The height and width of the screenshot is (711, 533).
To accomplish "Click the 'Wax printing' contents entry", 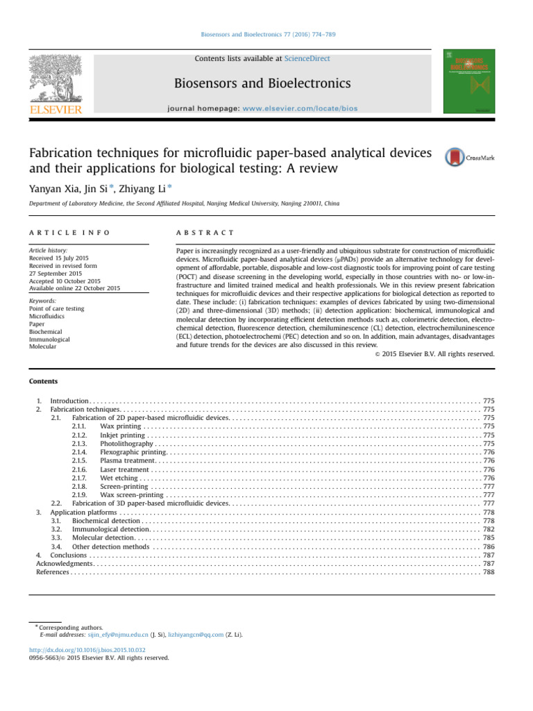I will pos(121,426).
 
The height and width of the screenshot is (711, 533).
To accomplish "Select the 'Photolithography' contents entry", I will pos(125,443).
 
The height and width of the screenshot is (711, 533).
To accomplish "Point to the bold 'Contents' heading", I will pos(44,381).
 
